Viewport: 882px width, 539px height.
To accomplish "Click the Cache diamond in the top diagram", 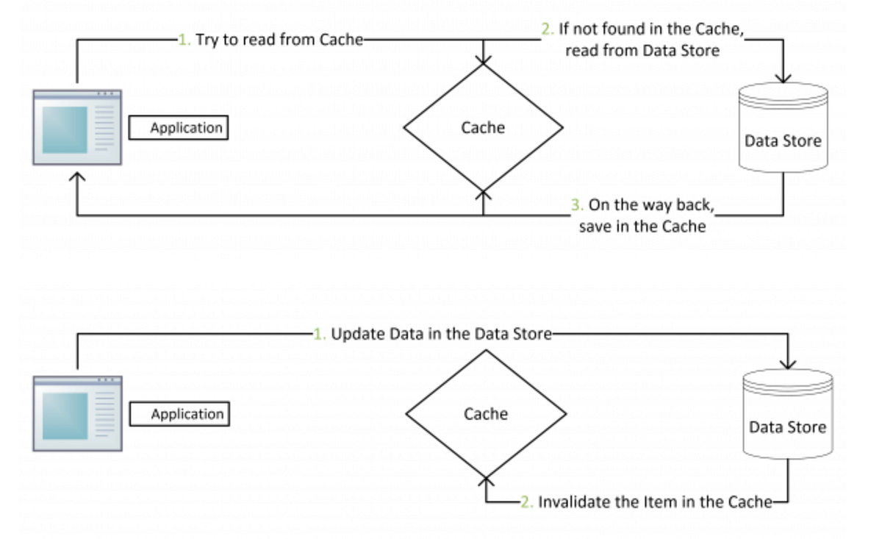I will click(483, 127).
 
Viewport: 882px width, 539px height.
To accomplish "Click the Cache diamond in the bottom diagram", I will click(486, 414).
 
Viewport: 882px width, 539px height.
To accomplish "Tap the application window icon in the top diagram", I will click(77, 127).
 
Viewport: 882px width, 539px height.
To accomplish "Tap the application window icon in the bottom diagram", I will click(77, 413).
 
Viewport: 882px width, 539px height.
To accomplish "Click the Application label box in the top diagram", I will click(178, 128).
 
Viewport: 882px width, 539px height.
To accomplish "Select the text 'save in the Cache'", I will click(642, 226).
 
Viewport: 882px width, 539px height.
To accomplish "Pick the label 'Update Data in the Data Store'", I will click(440, 334).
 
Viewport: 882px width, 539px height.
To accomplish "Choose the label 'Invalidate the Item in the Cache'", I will click(655, 502).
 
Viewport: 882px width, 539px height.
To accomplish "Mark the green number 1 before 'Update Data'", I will click(319, 334).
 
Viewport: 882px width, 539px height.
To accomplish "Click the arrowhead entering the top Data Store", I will click(784, 76).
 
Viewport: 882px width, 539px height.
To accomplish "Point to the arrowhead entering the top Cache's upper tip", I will click(483, 58).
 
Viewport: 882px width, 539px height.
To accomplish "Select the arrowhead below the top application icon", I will click(77, 178).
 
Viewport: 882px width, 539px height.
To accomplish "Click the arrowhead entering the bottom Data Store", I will click(789, 363).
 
